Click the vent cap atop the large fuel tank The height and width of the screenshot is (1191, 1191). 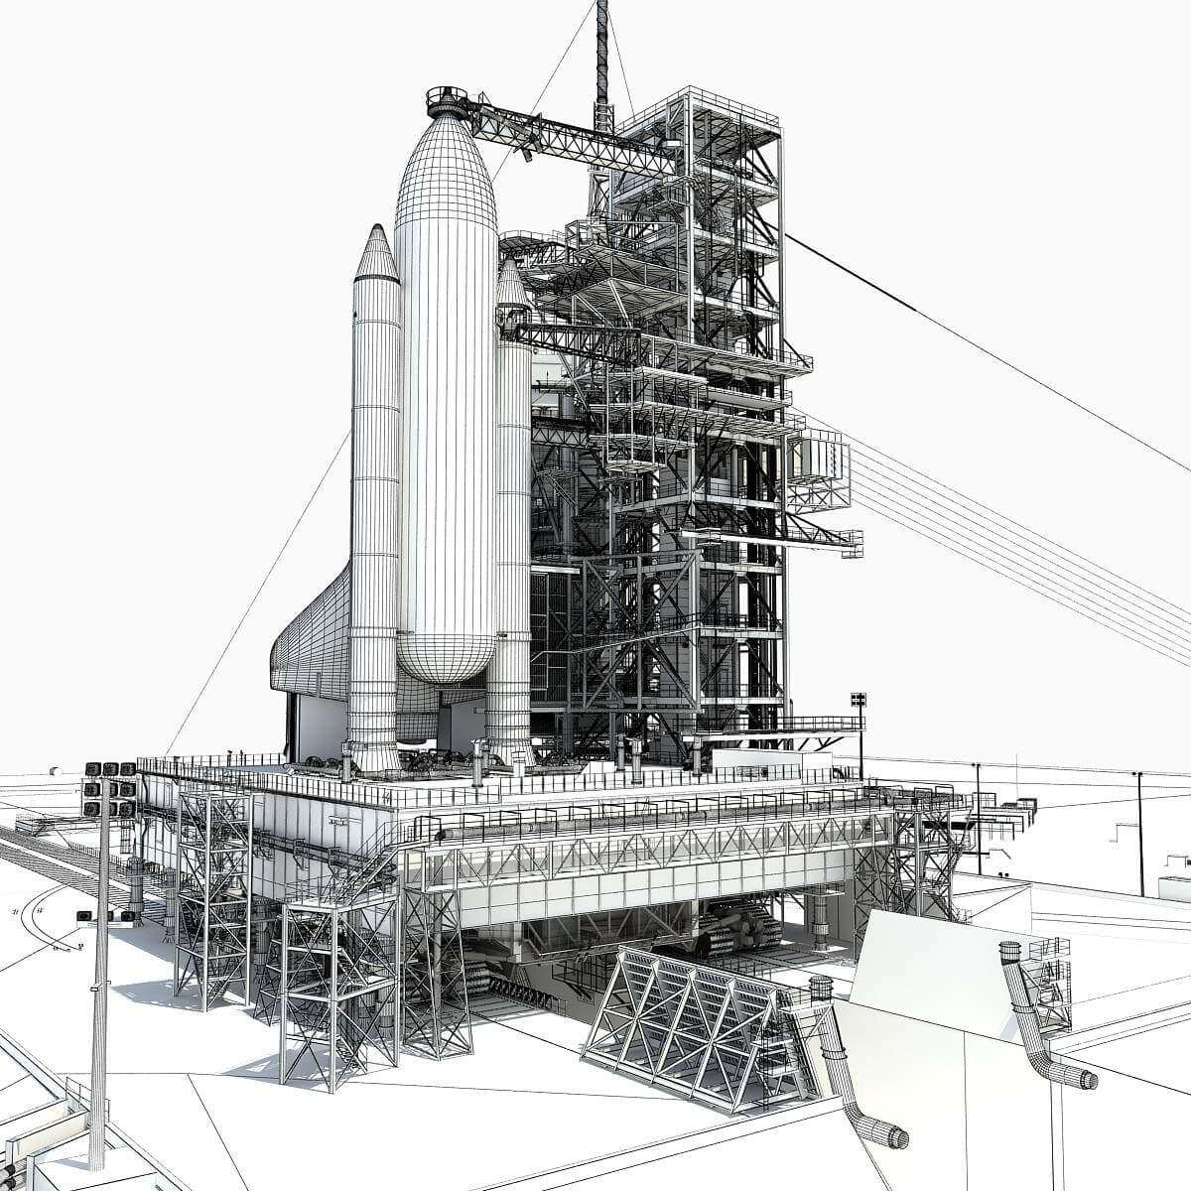pos(447,100)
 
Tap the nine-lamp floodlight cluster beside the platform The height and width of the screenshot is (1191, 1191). pos(110,789)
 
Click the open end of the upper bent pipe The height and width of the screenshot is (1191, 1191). pos(1088,1079)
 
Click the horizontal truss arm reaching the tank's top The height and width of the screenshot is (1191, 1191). pos(566,134)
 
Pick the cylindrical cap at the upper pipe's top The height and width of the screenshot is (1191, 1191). pos(1010,952)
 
